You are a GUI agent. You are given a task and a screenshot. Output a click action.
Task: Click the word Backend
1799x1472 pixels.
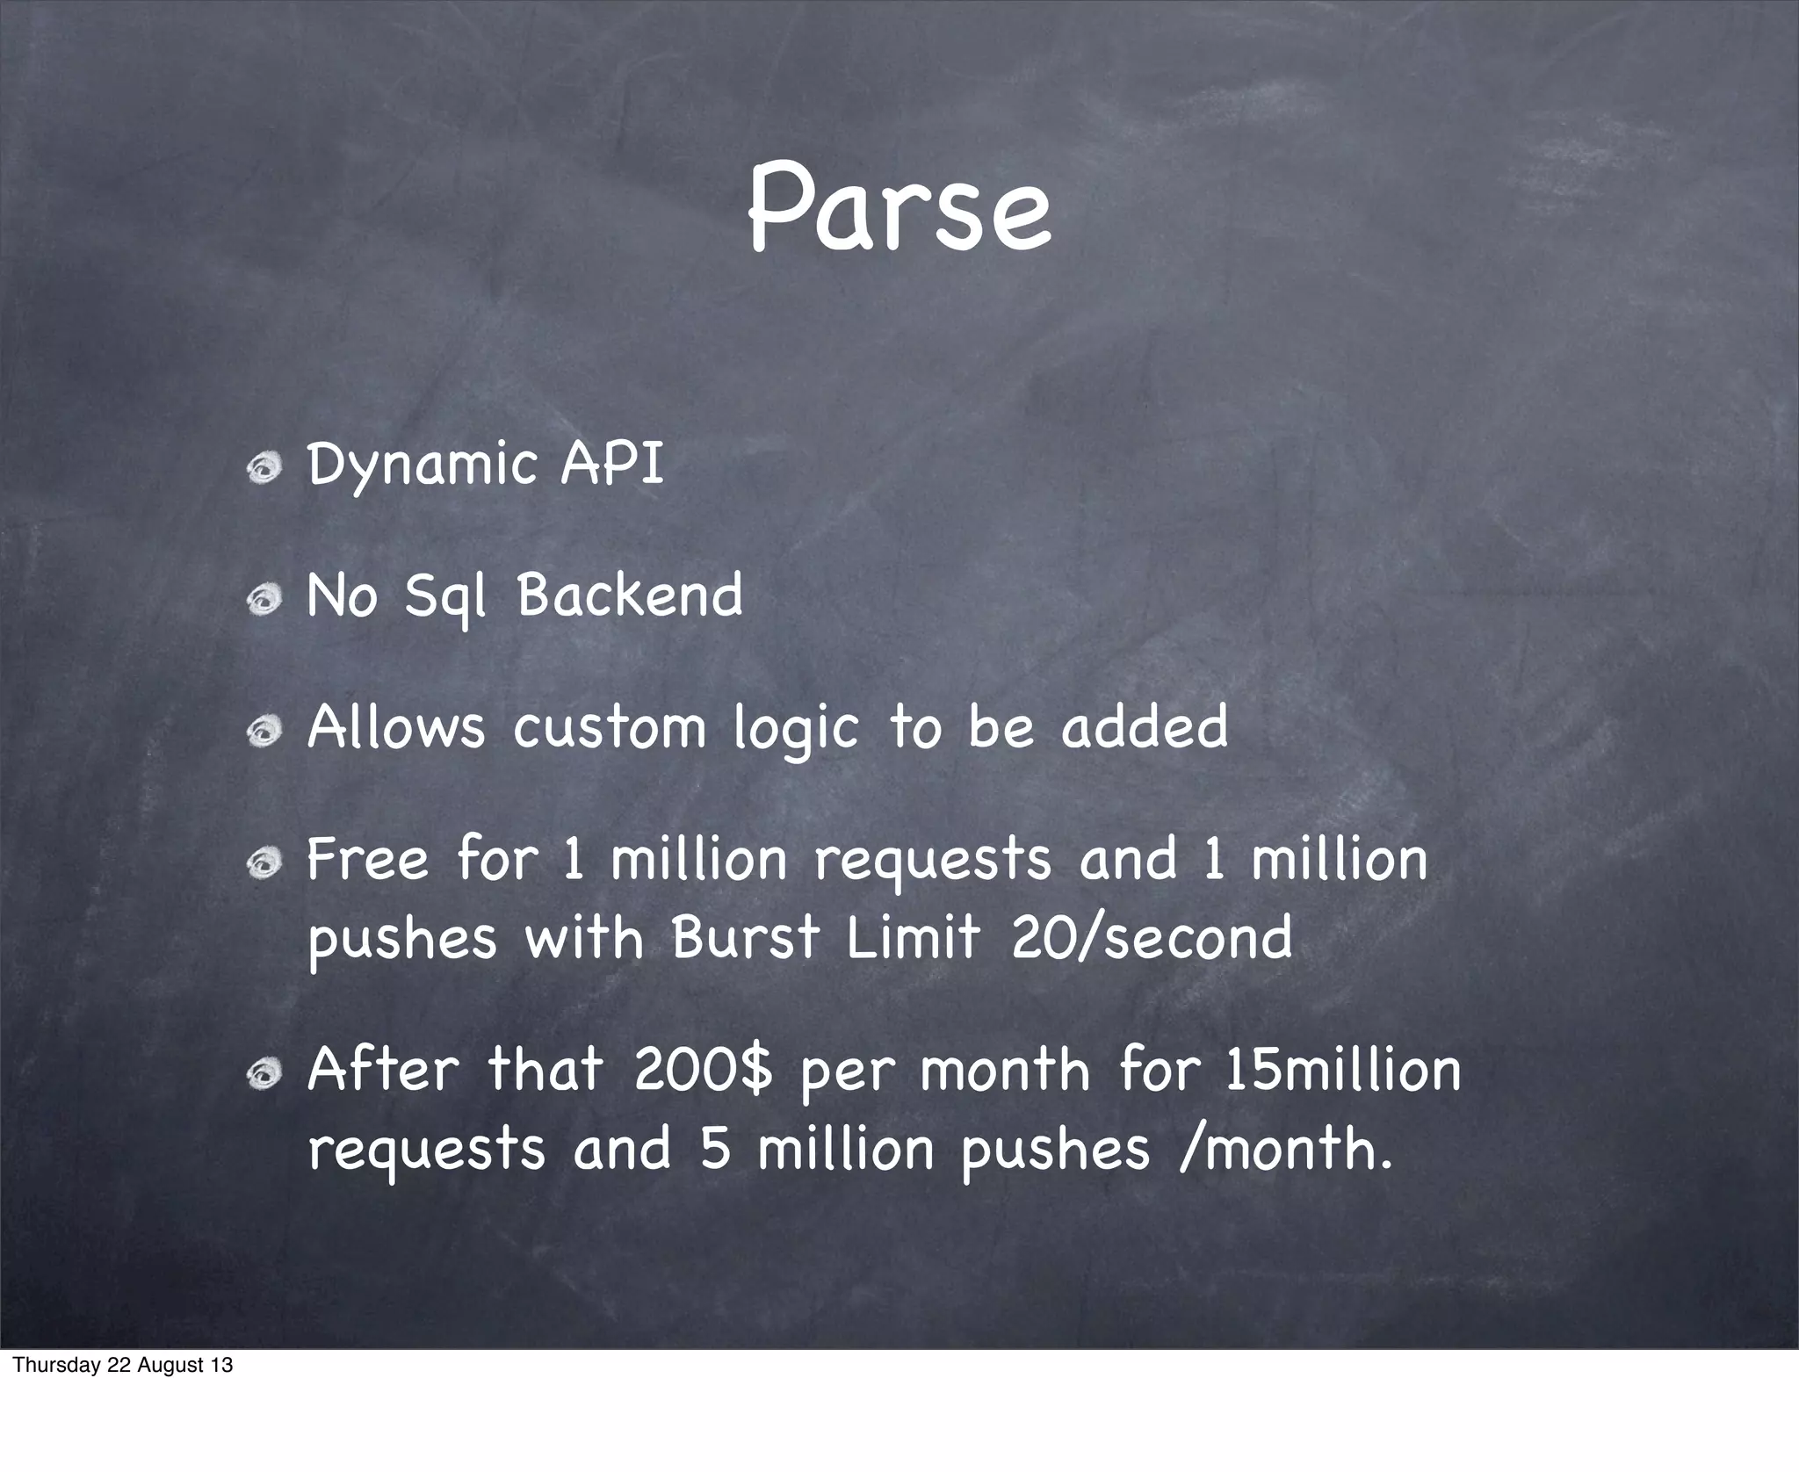(630, 595)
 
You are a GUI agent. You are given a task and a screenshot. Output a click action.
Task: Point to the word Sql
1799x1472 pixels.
(444, 597)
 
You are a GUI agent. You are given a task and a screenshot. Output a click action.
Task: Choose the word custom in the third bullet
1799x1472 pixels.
(610, 727)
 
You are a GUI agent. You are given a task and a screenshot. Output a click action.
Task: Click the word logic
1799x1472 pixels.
(796, 729)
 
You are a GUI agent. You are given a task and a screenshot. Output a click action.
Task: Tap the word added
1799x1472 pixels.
(1145, 727)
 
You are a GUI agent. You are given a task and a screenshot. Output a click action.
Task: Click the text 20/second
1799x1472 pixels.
(1152, 937)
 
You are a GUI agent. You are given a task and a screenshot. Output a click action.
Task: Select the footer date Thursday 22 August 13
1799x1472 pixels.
(123, 1365)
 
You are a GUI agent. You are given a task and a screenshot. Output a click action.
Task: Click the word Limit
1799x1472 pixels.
(913, 937)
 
